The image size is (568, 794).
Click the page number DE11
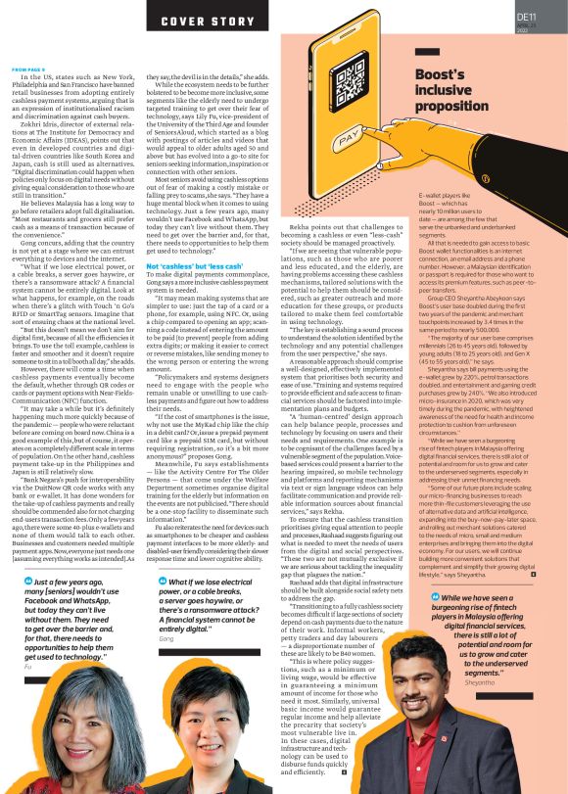click(526, 16)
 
